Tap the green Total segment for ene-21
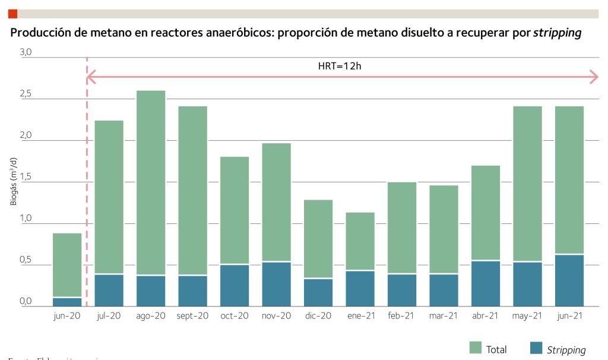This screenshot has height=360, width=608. (360, 241)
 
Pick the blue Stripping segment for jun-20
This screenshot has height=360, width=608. (67, 302)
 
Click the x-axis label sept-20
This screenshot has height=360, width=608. (192, 316)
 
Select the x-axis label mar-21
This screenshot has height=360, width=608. (444, 316)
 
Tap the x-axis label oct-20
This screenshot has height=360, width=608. (235, 316)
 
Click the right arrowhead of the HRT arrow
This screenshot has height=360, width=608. (594, 76)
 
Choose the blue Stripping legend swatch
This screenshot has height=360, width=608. (536, 349)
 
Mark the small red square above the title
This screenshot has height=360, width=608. (12, 14)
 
